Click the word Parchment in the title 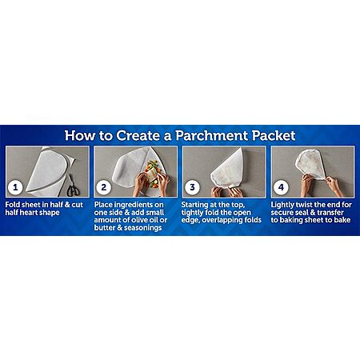(212, 136)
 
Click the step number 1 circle (15, 187)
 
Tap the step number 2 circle (104, 187)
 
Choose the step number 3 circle (192, 187)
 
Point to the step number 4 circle (281, 187)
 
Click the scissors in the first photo (72, 186)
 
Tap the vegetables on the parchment (152, 173)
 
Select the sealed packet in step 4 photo (311, 163)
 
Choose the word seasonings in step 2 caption (143, 228)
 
